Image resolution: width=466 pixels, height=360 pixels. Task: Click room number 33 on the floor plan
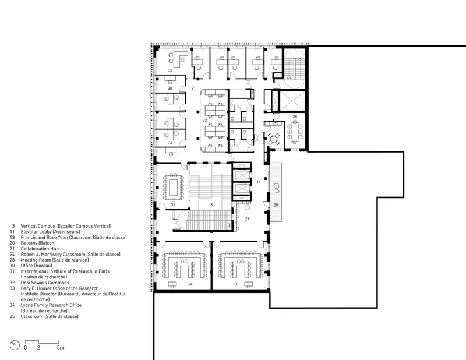click(x=170, y=70)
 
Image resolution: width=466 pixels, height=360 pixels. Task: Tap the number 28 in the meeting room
click(x=295, y=117)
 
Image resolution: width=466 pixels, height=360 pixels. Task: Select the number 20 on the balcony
click(x=276, y=205)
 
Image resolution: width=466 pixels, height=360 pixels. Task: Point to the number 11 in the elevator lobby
click(x=259, y=182)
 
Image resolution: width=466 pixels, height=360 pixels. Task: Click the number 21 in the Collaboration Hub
click(x=247, y=219)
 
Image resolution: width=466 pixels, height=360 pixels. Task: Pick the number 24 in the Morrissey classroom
click(x=190, y=284)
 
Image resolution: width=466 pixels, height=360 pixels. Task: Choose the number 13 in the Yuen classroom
click(x=235, y=284)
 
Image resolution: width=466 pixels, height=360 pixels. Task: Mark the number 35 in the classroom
click(x=173, y=204)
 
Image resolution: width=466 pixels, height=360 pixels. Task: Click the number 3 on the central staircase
click(x=211, y=205)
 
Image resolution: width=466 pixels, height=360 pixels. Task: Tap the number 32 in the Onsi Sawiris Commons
click(x=204, y=121)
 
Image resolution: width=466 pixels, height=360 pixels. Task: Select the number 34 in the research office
click(x=170, y=143)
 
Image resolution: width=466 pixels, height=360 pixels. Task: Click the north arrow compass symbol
click(x=15, y=345)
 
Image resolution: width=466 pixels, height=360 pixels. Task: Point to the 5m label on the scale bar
click(x=61, y=347)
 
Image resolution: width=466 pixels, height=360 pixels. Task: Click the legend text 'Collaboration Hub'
click(x=40, y=249)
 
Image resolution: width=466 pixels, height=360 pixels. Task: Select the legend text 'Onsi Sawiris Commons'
click(x=45, y=283)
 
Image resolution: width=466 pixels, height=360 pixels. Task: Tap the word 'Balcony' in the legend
click(x=29, y=243)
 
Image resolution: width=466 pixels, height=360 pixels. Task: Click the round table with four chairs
click(x=274, y=139)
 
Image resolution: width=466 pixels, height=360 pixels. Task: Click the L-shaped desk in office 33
click(x=179, y=58)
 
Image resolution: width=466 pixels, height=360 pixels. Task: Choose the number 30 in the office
click(x=170, y=89)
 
